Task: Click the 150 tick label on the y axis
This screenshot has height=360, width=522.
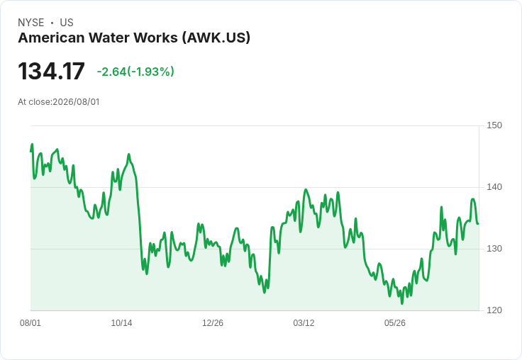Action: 494,125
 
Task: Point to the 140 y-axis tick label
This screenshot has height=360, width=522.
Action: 494,187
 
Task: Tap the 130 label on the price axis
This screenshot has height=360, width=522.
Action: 494,249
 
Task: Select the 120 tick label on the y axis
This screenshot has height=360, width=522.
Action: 494,310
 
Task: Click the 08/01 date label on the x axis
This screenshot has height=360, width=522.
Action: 30,322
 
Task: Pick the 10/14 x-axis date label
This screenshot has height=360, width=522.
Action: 121,322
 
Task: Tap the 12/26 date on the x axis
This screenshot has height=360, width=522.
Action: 213,322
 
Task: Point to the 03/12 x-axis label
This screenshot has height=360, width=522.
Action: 304,322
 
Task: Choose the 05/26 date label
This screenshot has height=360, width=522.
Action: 395,322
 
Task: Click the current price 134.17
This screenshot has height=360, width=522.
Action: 51,71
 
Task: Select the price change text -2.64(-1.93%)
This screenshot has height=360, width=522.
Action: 135,72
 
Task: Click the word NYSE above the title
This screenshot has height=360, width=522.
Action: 31,23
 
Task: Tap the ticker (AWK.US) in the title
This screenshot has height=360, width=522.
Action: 216,38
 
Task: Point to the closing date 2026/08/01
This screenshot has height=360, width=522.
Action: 76,102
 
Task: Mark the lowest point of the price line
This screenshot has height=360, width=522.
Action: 402,303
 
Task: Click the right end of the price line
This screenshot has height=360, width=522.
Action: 479,224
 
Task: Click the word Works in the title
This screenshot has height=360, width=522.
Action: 156,38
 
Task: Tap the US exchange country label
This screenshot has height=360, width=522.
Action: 67,23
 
